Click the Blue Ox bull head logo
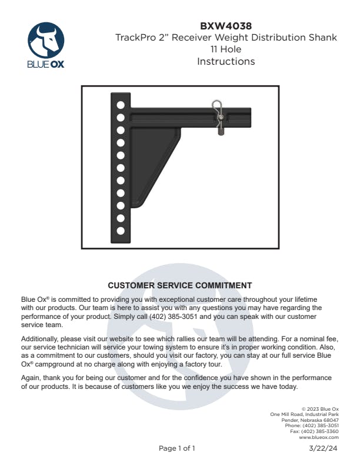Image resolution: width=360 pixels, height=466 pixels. click(x=46, y=41)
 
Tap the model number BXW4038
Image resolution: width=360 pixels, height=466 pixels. click(x=226, y=26)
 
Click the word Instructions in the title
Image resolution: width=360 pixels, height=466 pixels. click(x=226, y=61)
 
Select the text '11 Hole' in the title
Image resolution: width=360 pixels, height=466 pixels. click(x=226, y=49)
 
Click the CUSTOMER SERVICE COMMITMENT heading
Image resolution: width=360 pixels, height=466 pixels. click(x=180, y=285)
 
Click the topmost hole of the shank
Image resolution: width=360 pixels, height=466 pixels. click(x=121, y=105)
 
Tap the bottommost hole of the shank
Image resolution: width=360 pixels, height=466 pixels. click(x=121, y=231)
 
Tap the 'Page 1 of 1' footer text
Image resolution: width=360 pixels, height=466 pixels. click(x=177, y=448)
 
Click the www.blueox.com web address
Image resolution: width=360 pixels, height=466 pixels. click(x=319, y=438)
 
